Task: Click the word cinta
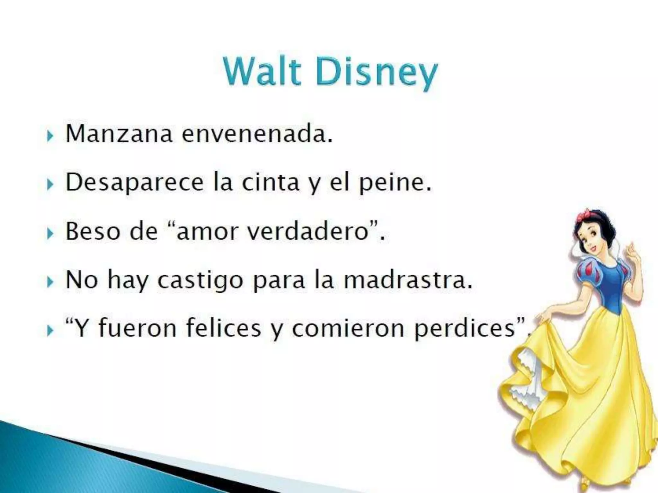click(270, 182)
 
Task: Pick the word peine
click(395, 183)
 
